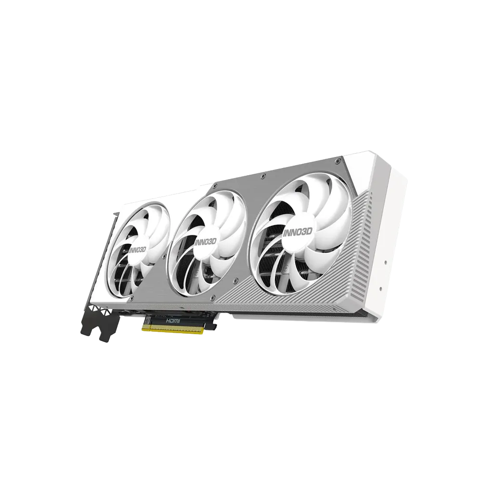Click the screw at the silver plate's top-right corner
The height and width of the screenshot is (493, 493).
pos(337,161)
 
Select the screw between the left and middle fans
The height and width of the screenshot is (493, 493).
pos(165,257)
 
